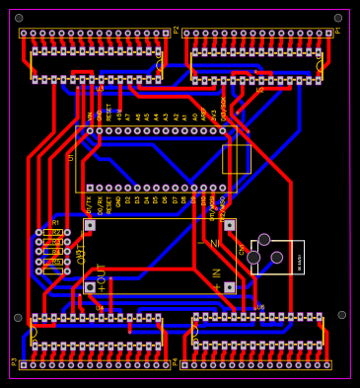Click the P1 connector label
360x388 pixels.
pyautogui.click(x=338, y=30)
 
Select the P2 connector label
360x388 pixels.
pyautogui.click(x=177, y=30)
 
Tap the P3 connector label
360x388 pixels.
pyautogui.click(x=14, y=361)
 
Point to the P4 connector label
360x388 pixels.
pyautogui.click(x=176, y=362)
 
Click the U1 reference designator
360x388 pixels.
pyautogui.click(x=71, y=156)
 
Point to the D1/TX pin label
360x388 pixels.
pyautogui.click(x=89, y=204)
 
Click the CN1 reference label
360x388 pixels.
pyautogui.click(x=242, y=250)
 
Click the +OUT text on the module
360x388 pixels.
pyautogui.click(x=101, y=277)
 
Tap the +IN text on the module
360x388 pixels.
pyautogui.click(x=217, y=279)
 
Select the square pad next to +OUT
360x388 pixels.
pyautogui.click(x=90, y=287)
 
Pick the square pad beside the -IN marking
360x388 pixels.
pyautogui.click(x=229, y=225)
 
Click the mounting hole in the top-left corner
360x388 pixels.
pyautogui.click(x=19, y=18)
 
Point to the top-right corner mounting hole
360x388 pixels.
pyautogui.click(x=338, y=18)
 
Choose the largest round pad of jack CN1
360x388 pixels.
pyautogui.click(x=253, y=258)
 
